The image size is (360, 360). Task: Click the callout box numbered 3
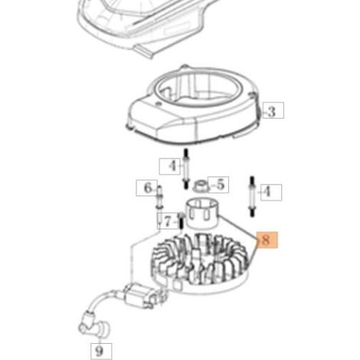click(273, 110)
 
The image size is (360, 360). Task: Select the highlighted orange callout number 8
click(267, 240)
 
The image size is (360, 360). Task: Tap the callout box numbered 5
click(218, 185)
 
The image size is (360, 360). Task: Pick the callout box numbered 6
click(147, 188)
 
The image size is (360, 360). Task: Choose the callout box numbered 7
click(168, 221)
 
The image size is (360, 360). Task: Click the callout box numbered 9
click(101, 351)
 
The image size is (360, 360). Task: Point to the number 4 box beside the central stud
click(170, 166)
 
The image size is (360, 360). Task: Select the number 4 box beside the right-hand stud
click(271, 192)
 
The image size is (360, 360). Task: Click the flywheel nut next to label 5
click(201, 185)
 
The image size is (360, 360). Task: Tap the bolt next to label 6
click(160, 198)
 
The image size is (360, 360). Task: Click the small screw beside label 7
click(182, 221)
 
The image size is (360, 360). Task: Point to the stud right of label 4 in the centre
click(186, 169)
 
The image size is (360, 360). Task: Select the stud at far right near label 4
click(252, 197)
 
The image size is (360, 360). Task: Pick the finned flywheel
click(200, 264)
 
